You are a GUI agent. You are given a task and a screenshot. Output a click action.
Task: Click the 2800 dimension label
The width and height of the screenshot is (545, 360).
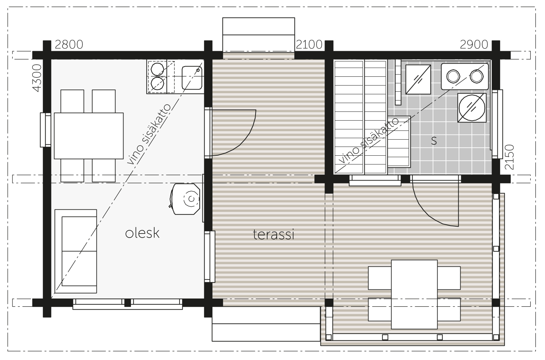click(x=69, y=45)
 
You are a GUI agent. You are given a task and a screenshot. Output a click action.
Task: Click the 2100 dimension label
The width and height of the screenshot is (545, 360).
click(x=309, y=45)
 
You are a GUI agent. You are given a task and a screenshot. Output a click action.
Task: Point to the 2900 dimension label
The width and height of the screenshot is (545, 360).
click(x=474, y=45)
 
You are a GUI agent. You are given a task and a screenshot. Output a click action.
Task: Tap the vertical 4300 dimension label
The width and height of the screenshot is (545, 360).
click(x=37, y=78)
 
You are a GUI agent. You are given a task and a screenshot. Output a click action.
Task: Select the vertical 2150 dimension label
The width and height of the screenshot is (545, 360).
click(x=510, y=157)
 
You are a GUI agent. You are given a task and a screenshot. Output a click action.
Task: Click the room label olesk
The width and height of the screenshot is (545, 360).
click(x=142, y=233)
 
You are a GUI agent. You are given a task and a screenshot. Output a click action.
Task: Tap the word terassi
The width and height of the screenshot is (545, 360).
click(x=274, y=235)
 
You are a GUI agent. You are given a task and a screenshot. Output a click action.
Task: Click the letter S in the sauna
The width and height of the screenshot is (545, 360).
click(x=434, y=141)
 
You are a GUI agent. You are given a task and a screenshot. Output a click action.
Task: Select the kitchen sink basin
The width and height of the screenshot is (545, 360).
click(x=192, y=77)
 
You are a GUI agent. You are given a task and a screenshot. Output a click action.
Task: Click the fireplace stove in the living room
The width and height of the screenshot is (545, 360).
click(x=186, y=199)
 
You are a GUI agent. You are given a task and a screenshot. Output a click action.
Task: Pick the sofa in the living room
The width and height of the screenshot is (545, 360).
click(x=76, y=251)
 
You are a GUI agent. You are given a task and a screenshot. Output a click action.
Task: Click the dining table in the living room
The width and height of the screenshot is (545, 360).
click(x=89, y=136)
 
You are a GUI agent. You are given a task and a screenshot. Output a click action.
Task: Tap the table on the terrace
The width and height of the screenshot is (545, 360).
click(x=415, y=294)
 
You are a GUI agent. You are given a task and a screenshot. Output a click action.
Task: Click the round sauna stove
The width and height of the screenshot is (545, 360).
click(x=472, y=107)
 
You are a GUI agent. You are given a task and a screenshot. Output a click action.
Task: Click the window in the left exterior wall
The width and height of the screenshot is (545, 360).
click(x=45, y=130)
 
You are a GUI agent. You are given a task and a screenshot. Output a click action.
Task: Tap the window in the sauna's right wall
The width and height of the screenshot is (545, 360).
click(x=497, y=124)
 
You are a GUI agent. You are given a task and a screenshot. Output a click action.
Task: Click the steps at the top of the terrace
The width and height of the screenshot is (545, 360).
click(x=259, y=34)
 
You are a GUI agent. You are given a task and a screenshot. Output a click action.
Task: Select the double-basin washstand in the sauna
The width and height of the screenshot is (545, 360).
click(x=465, y=76)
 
